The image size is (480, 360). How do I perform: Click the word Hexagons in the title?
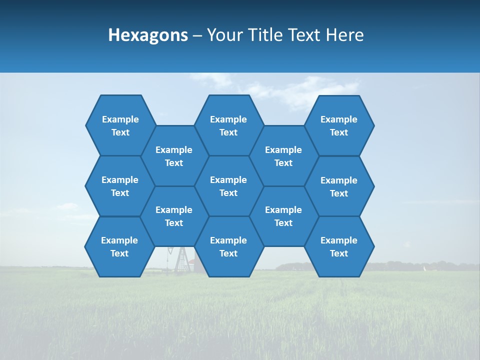point(148,35)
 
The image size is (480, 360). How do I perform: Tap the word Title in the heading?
point(264,35)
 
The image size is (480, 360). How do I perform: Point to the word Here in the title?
point(345,35)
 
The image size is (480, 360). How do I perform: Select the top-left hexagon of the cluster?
point(120,125)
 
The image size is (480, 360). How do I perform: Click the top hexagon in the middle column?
point(228,125)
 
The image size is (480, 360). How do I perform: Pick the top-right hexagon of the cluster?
point(339,125)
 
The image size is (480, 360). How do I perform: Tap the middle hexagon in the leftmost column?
point(120,186)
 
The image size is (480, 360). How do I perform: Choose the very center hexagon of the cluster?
point(228,186)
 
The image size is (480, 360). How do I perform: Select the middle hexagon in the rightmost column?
point(339,186)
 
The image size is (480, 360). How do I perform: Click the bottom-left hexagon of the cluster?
point(119,246)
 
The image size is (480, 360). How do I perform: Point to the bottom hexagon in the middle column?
point(228,246)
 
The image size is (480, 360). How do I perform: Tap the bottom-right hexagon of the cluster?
point(339,246)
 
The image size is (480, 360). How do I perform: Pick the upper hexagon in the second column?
point(174,156)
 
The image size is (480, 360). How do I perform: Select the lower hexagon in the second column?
point(174,216)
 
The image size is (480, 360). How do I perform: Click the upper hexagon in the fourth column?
point(283,156)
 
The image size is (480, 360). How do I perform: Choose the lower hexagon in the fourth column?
point(283,216)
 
